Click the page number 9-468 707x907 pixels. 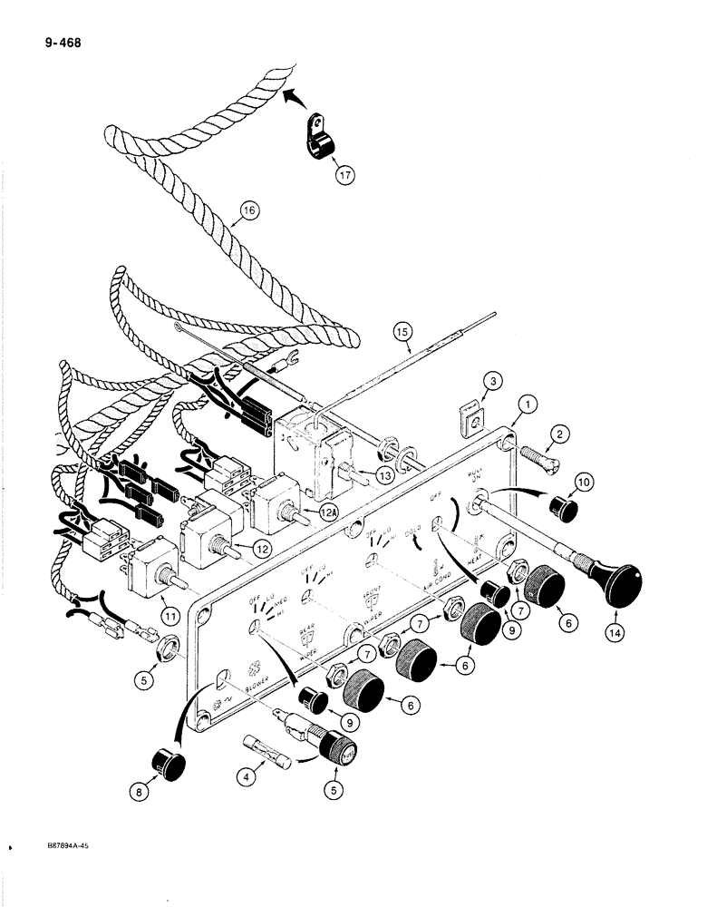55,41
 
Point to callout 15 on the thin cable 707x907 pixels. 405,333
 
